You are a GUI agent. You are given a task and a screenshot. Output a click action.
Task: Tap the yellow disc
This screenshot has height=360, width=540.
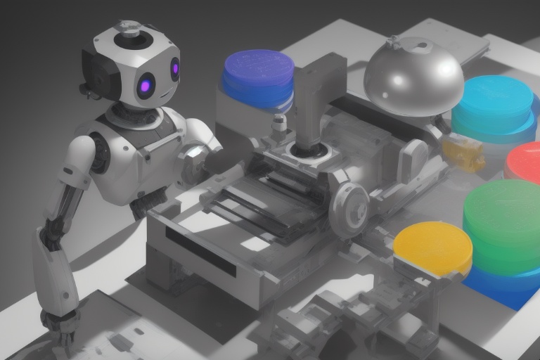tap(432, 247)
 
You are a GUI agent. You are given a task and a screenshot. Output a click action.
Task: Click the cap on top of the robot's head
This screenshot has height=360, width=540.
tap(128, 28)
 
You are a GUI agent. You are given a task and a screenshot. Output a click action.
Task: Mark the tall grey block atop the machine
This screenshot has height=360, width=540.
tap(320, 98)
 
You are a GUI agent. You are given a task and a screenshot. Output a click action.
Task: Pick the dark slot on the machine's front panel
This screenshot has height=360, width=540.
tap(200, 250)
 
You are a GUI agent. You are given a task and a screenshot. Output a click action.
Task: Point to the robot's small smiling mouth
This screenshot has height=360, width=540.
tap(164, 94)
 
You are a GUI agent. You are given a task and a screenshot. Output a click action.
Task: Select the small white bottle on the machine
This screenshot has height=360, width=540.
tap(279, 125)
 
